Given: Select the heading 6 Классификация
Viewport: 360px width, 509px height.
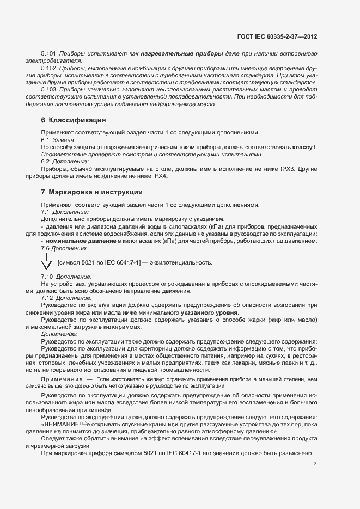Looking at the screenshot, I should point(74,120).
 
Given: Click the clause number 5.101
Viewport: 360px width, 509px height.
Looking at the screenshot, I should point(49,54).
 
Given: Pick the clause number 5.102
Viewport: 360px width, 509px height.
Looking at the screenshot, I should point(49,69).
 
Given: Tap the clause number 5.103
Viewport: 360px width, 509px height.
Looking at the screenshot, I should point(49,89).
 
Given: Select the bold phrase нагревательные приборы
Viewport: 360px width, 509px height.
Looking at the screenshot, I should point(181,54).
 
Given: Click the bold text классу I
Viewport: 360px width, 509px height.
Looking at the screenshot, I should point(304,148).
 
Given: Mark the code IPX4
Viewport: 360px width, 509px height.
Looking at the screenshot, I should point(160,176).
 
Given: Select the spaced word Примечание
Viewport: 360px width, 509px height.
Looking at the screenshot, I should point(62,377).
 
